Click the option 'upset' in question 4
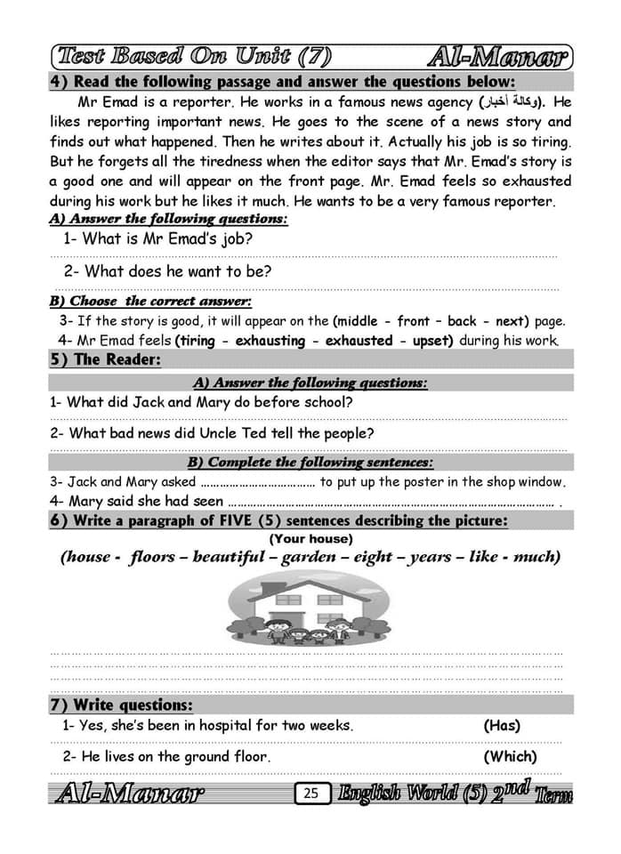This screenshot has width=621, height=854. pyautogui.click(x=428, y=340)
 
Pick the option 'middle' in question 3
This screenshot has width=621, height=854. pyautogui.click(x=358, y=321)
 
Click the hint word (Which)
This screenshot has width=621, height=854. pyautogui.click(x=510, y=756)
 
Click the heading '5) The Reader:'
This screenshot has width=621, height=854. pyautogui.click(x=105, y=359)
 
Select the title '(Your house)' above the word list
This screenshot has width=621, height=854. pyautogui.click(x=310, y=538)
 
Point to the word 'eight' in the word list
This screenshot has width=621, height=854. pyautogui.click(x=373, y=557)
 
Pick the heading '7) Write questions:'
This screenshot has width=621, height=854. pyautogui.click(x=121, y=705)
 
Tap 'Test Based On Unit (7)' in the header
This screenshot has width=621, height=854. pyautogui.click(x=194, y=58)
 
